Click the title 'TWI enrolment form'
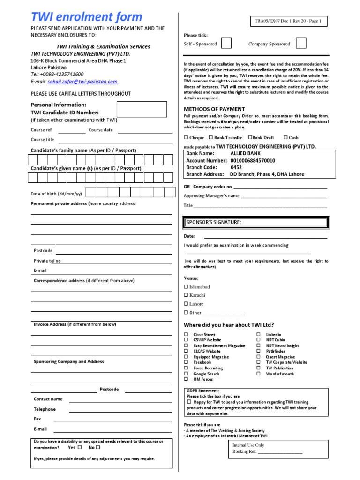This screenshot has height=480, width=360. (x=86, y=17)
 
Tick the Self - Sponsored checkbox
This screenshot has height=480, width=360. (x=226, y=44)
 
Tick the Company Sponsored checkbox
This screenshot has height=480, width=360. (x=301, y=44)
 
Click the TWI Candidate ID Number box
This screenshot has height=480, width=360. (x=142, y=109)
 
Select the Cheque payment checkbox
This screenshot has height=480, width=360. (x=186, y=138)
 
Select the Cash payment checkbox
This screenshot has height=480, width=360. (x=285, y=138)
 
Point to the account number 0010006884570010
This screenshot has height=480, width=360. (x=253, y=160)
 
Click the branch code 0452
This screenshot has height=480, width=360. (x=236, y=167)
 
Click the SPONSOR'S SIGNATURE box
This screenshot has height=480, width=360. (x=255, y=222)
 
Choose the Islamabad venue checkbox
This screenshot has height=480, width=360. (x=186, y=287)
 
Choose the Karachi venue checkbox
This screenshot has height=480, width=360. (x=186, y=295)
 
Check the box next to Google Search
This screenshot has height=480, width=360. (x=186, y=374)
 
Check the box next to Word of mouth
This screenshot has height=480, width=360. (x=258, y=374)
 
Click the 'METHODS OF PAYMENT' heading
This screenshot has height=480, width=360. (x=214, y=109)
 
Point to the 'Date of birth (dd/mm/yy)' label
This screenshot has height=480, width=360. (x=56, y=194)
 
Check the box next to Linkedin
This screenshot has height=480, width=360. (x=258, y=335)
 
